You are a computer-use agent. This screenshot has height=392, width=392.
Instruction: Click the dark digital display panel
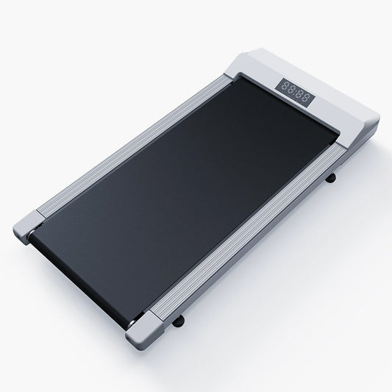pyautogui.click(x=295, y=93)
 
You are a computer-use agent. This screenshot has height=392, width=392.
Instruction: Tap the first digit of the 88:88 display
pyautogui.click(x=285, y=86)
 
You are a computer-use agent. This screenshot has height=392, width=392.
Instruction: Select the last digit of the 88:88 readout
pyautogui.click(x=304, y=97)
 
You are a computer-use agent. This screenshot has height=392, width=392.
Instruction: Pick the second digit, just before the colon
pyautogui.click(x=291, y=89)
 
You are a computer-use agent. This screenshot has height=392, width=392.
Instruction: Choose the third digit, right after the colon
pyautogui.click(x=299, y=93)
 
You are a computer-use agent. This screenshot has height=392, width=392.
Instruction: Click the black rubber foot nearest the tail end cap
pyautogui.click(x=178, y=320)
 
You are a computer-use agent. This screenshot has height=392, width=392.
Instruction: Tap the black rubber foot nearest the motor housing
pyautogui.click(x=330, y=178)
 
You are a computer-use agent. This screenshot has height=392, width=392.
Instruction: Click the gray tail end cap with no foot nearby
pyautogui.click(x=28, y=227)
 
